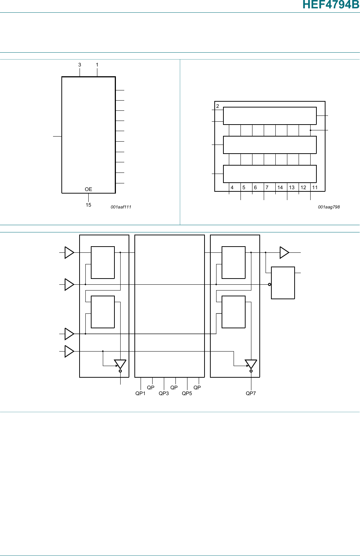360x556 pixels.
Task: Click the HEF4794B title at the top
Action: pos(331,4)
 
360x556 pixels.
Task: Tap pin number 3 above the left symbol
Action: pos(80,65)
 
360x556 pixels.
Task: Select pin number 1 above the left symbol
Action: pos(97,65)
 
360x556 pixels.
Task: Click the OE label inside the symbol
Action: pos(88,189)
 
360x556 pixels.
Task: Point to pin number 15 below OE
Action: pos(88,205)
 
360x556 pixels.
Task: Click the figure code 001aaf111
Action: pos(121,207)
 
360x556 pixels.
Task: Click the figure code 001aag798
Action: pos(329,207)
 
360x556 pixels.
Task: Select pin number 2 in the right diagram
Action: pos(218,106)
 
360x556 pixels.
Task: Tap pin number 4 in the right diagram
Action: pos(232,187)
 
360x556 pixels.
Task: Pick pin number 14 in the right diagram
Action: pos(280,187)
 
